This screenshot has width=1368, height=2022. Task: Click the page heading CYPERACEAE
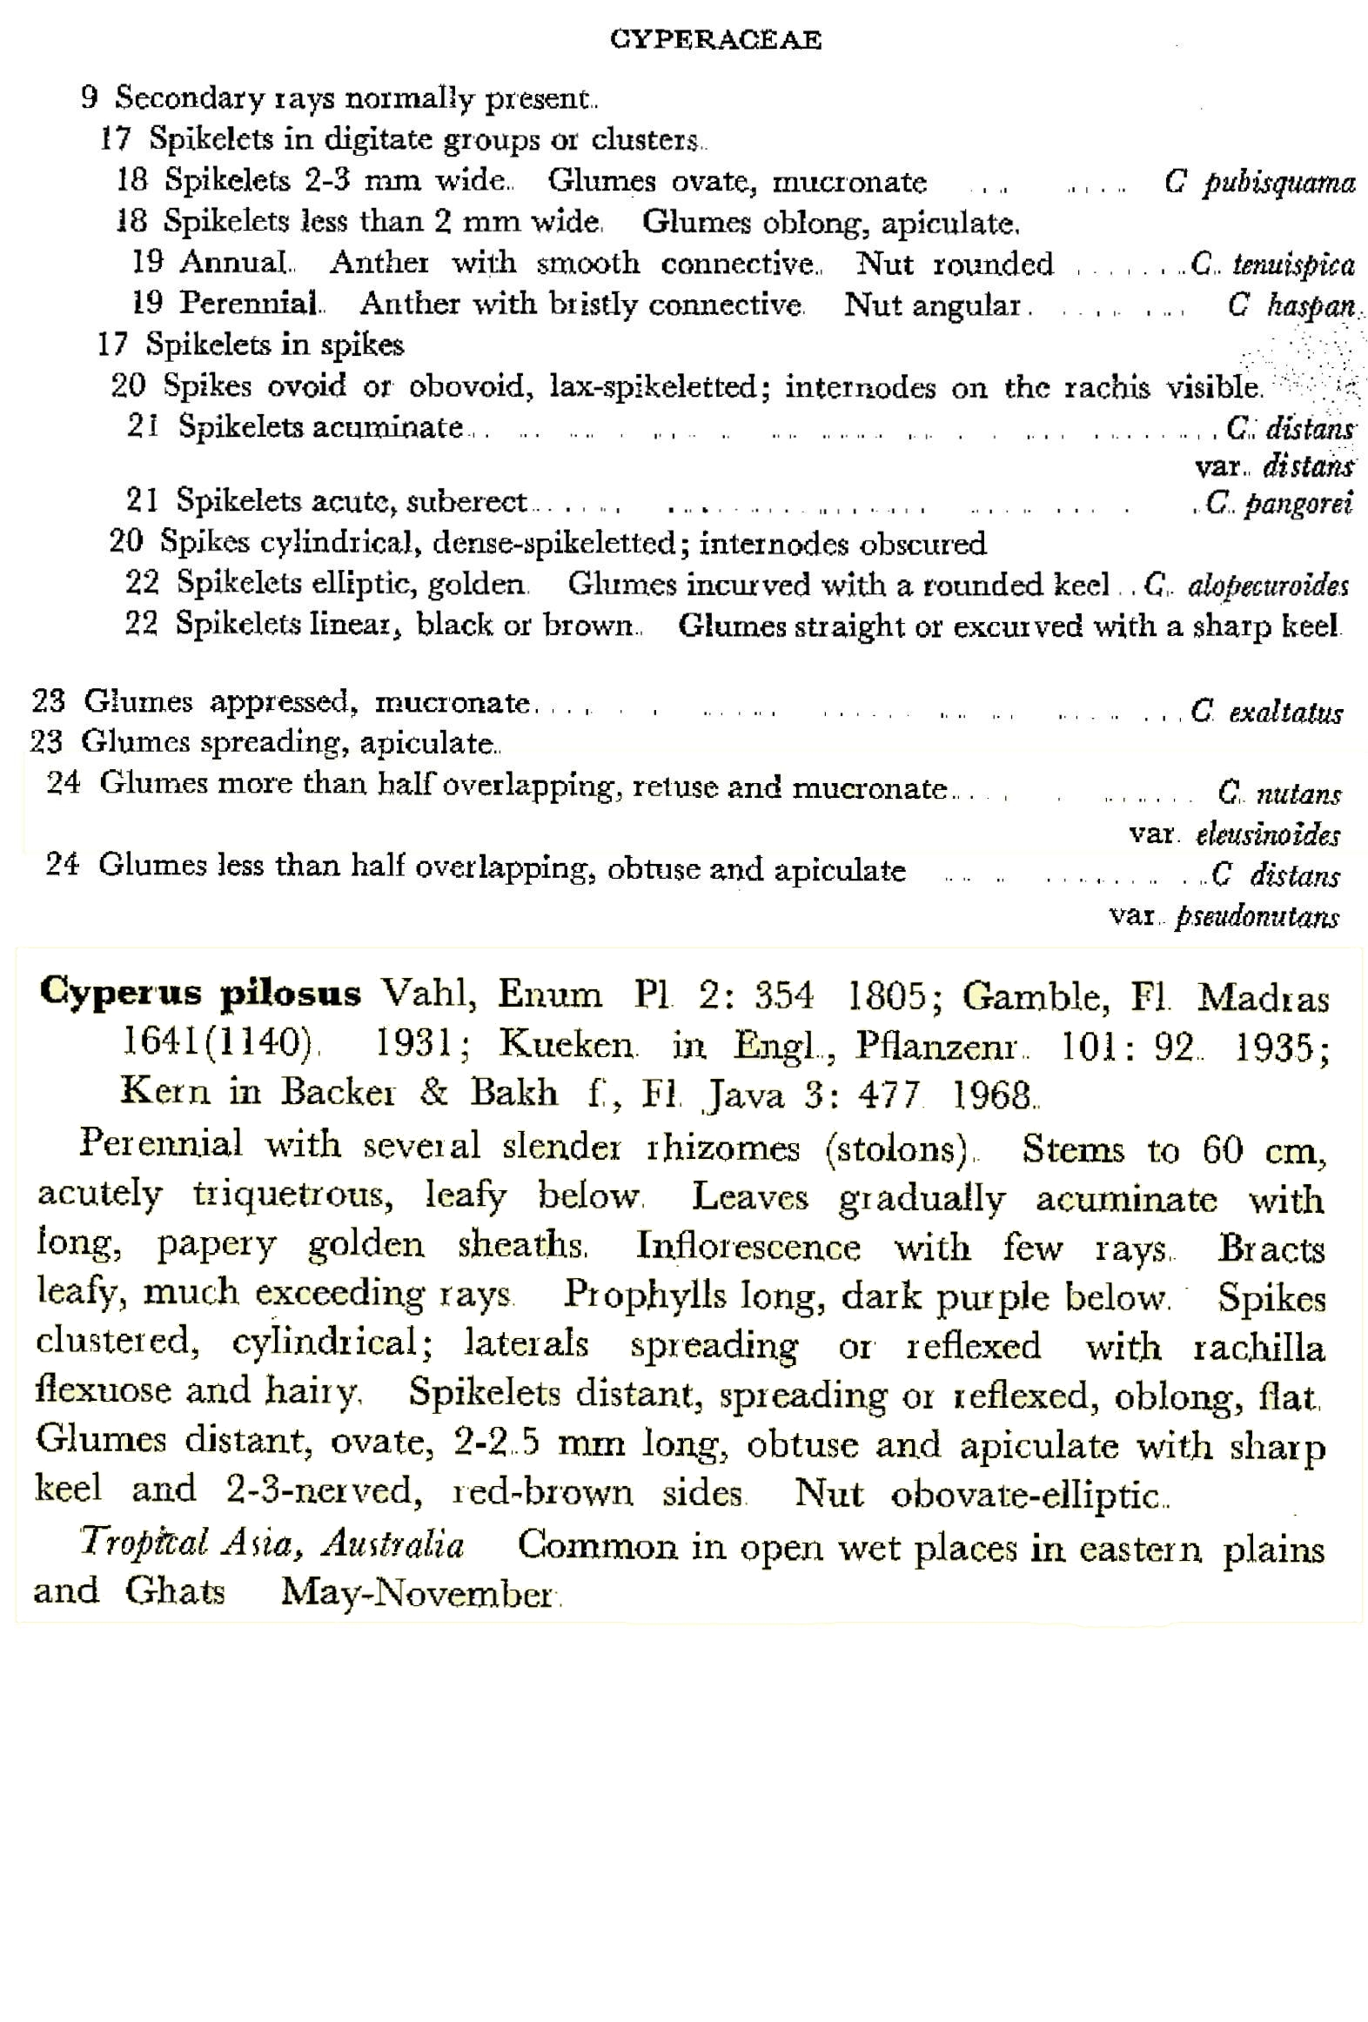715,40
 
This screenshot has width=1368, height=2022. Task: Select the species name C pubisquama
1259,183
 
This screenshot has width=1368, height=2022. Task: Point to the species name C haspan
1291,305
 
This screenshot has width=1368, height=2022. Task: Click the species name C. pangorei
1278,504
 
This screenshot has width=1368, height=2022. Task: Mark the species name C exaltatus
1266,713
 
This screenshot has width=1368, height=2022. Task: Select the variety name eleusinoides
1267,835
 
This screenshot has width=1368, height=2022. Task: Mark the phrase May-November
417,1594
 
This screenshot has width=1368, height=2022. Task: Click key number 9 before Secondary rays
89,97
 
